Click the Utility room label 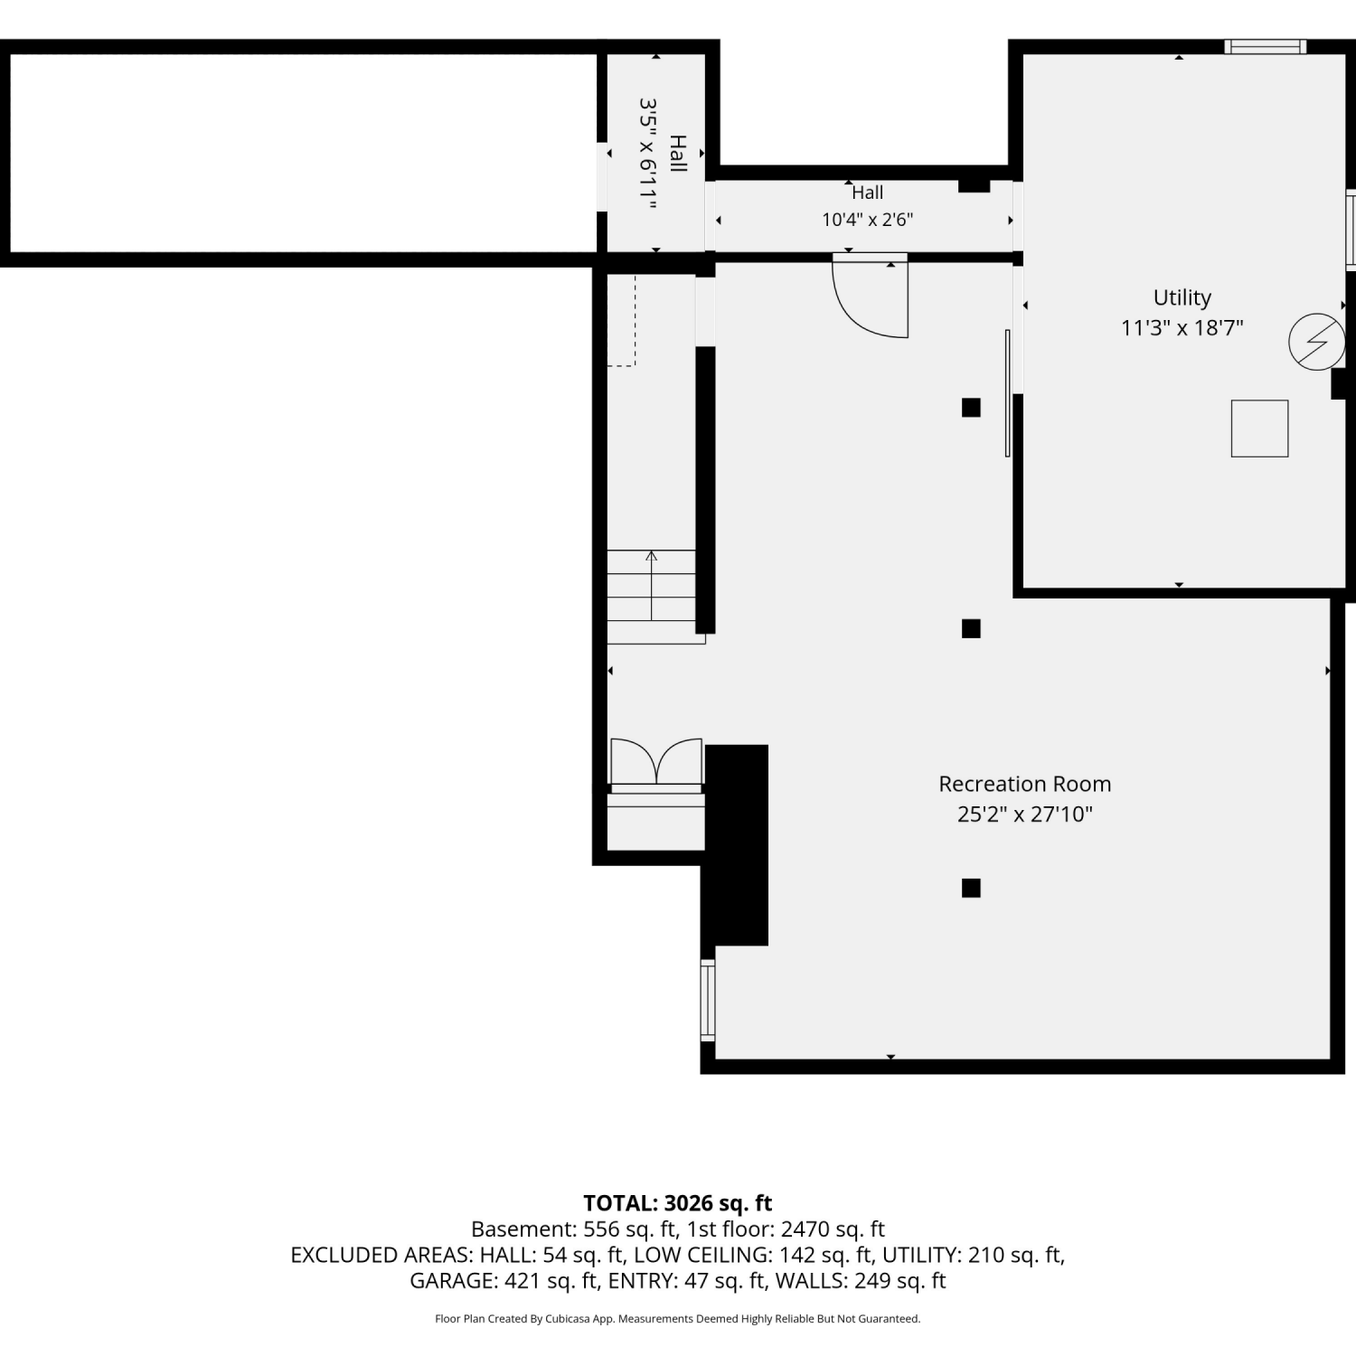tap(1182, 298)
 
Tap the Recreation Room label tap(1024, 784)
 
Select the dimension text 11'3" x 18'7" tap(1182, 328)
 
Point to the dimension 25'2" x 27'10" tap(1024, 815)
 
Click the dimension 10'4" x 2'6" tap(867, 220)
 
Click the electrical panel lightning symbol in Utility tap(1316, 342)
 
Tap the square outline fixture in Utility tap(1259, 428)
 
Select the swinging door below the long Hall tap(870, 297)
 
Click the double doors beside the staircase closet tap(656, 761)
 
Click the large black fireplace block tap(736, 845)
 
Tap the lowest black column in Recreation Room tap(971, 888)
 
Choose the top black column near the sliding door tap(971, 408)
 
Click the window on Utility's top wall tap(1266, 47)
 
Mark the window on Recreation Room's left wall tap(708, 1000)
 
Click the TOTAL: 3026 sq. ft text tap(678, 1203)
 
